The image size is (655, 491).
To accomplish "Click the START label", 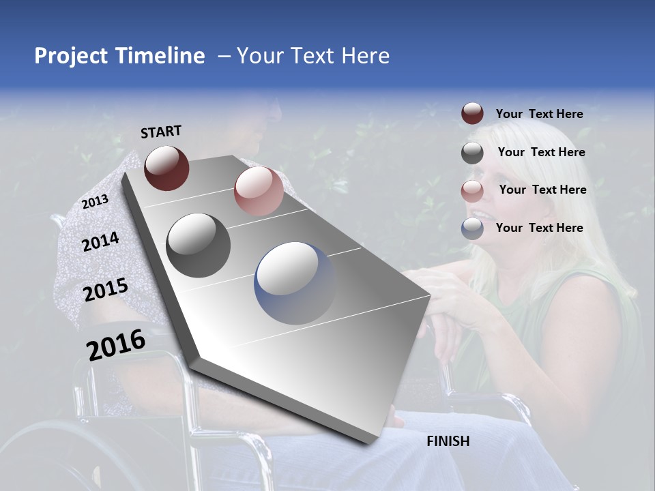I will (161, 132).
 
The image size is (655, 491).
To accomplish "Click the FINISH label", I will (448, 441).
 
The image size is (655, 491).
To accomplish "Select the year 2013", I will (95, 202).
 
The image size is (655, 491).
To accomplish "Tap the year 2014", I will (100, 242).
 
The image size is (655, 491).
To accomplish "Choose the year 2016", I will (116, 344).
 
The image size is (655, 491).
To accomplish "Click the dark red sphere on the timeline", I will (166, 168).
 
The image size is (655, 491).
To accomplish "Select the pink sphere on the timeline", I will (259, 191).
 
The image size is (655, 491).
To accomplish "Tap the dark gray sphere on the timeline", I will (199, 245).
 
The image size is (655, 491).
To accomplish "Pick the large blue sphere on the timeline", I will (295, 283).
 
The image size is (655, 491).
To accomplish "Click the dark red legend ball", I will (472, 114).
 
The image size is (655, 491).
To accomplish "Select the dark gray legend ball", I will (472, 153).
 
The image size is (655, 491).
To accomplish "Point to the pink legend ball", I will (472, 191).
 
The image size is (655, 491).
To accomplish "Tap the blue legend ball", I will (472, 229).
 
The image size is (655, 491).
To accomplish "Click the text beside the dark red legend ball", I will (539, 114).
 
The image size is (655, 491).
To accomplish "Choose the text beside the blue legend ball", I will (539, 228).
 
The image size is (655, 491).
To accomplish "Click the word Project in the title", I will (70, 56).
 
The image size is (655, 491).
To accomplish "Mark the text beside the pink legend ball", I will (542, 190).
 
